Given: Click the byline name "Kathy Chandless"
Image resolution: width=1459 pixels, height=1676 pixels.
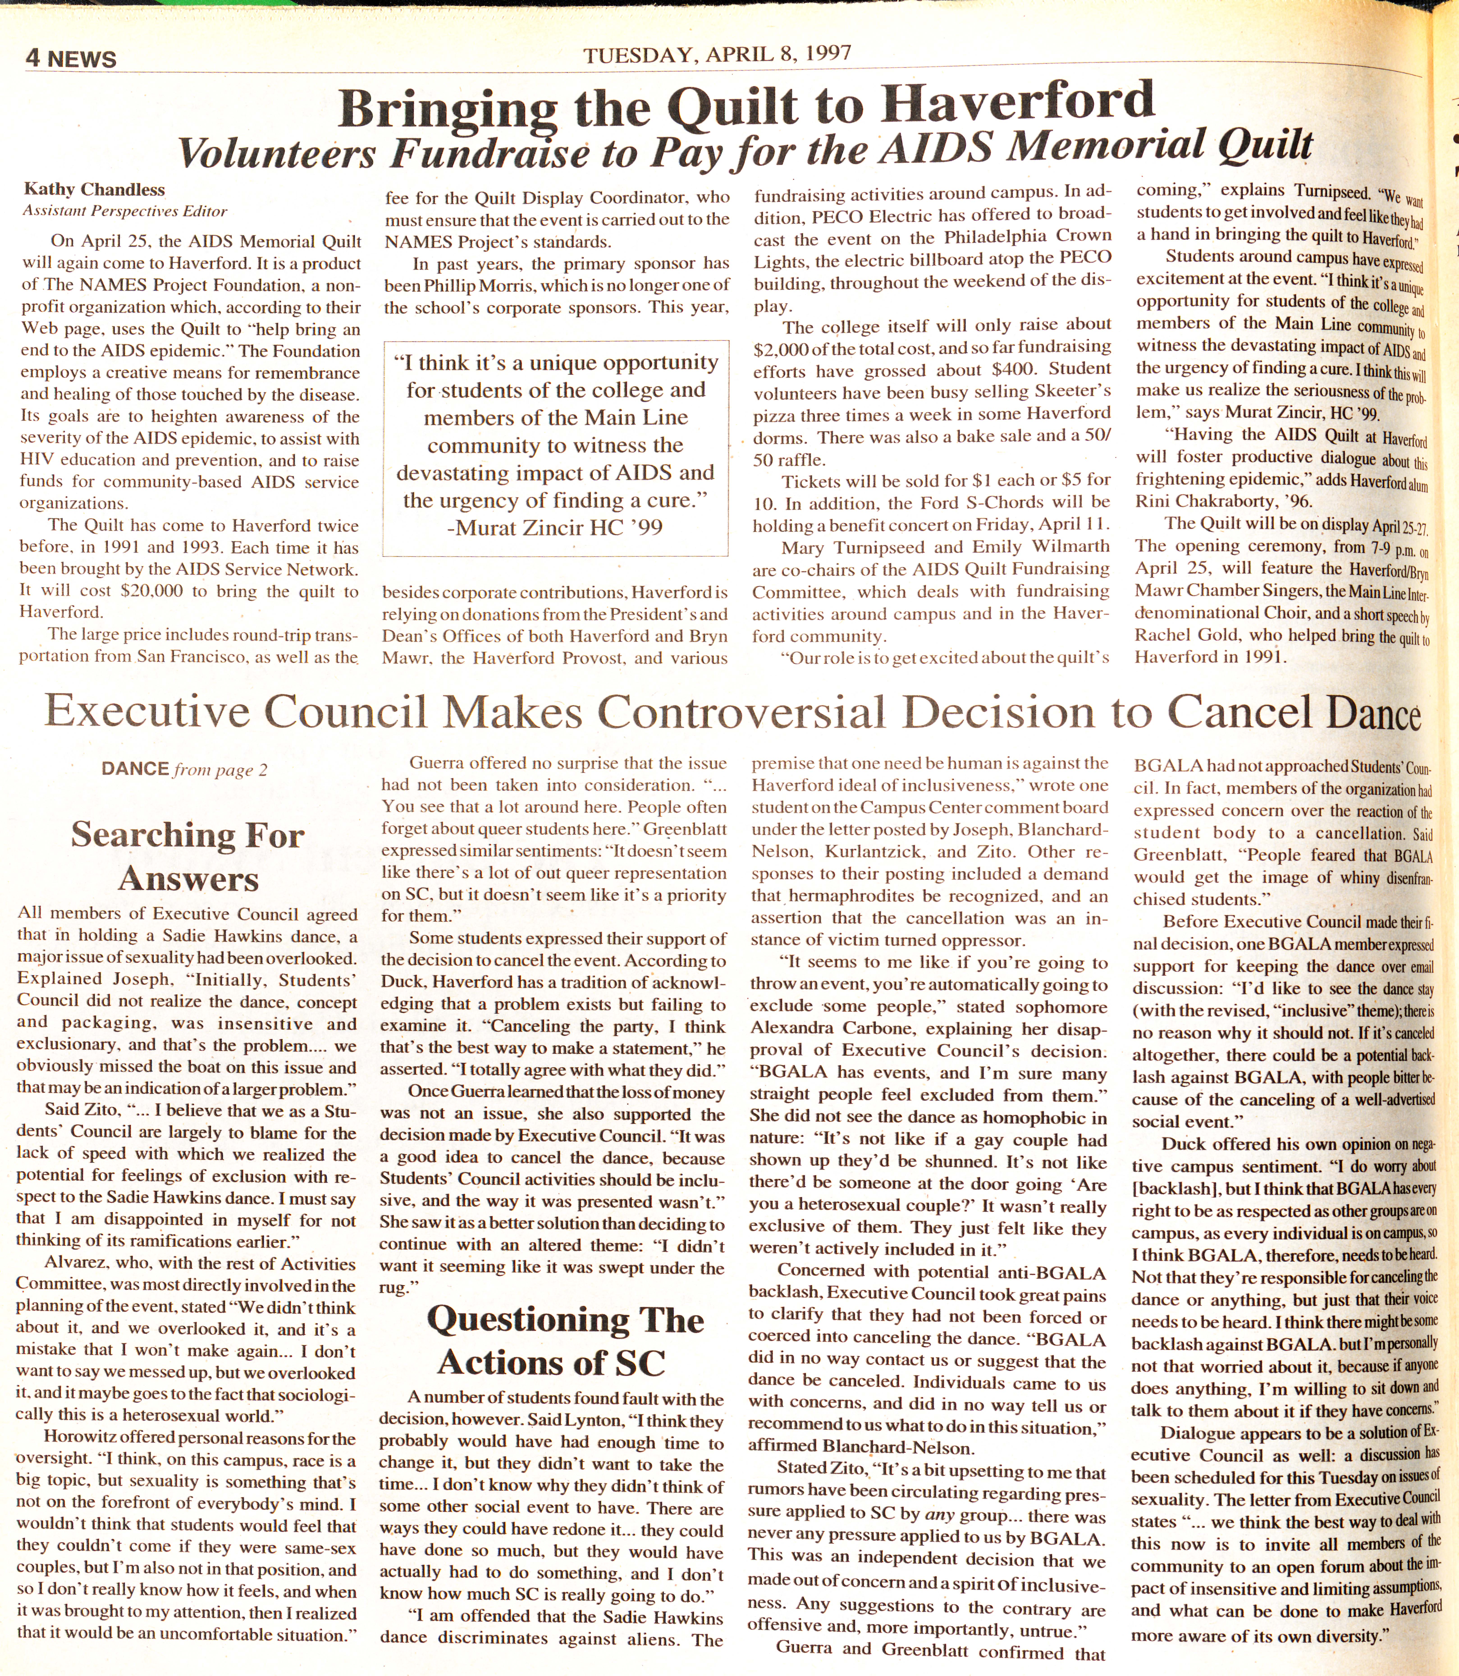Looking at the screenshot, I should [x=94, y=190].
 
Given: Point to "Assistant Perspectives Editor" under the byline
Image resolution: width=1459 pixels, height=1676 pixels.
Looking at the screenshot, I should [x=125, y=211].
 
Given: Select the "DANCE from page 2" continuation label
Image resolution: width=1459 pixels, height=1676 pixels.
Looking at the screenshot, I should [x=184, y=770].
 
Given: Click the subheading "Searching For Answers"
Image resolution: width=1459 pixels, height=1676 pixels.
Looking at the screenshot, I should [x=188, y=857].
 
